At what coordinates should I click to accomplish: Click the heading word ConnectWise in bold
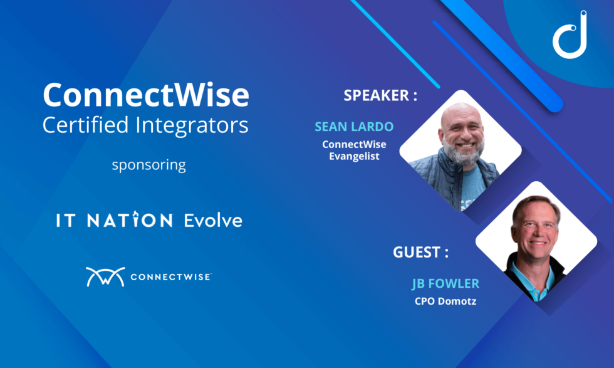(145, 95)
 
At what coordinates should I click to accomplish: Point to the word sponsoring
(148, 166)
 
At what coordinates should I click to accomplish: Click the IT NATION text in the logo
(114, 220)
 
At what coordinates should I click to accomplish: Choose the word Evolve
(212, 220)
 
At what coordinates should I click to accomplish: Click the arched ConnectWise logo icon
(105, 276)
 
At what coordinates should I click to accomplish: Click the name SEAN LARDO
(354, 127)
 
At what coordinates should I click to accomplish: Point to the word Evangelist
(354, 155)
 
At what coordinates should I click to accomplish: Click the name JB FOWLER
(445, 284)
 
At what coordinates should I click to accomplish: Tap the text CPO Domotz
(445, 301)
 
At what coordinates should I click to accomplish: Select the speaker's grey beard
(463, 153)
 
